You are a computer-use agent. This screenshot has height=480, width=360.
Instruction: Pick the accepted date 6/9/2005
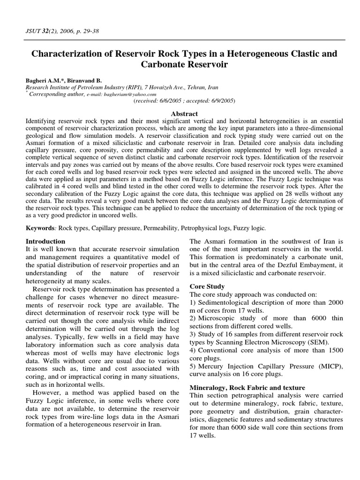pyautogui.click(x=221, y=101)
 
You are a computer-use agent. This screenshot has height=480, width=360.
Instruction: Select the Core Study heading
pyautogui.click(x=207, y=286)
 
